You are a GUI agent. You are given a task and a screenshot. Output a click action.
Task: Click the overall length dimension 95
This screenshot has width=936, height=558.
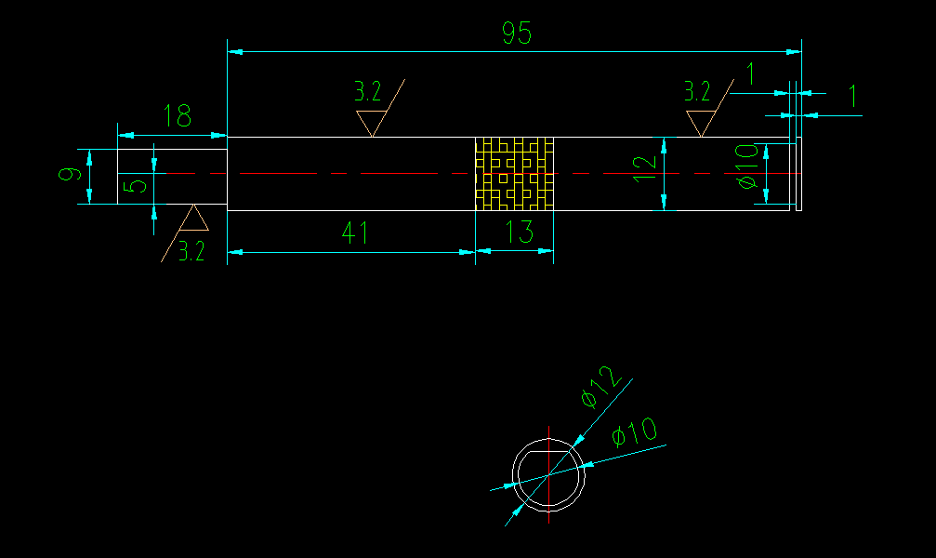517,34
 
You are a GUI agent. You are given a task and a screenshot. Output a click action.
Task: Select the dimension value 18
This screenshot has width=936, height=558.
177,116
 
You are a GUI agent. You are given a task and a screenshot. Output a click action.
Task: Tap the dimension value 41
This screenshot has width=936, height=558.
354,232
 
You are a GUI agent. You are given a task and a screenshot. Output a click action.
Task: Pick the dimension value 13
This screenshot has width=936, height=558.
520,232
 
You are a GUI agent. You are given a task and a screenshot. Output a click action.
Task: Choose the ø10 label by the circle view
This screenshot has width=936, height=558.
635,432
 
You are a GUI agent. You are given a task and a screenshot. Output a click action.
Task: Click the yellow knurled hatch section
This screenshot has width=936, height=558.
514,174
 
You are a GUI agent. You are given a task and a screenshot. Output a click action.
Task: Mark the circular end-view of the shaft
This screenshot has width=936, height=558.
548,473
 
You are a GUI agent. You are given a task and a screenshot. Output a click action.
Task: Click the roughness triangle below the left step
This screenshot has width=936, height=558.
193,219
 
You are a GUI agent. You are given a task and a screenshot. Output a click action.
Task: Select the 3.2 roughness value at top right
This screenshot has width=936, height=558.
697,91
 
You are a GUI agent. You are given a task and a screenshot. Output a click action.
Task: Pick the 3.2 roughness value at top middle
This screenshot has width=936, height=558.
367,91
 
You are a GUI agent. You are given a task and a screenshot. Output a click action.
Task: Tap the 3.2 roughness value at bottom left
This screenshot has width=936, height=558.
191,251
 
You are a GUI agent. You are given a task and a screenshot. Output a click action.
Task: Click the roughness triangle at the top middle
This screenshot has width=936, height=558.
371,122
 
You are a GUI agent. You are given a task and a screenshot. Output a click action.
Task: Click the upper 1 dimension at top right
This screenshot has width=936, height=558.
751,73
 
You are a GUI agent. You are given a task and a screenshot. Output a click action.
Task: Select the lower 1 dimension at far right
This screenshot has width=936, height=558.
853,96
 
